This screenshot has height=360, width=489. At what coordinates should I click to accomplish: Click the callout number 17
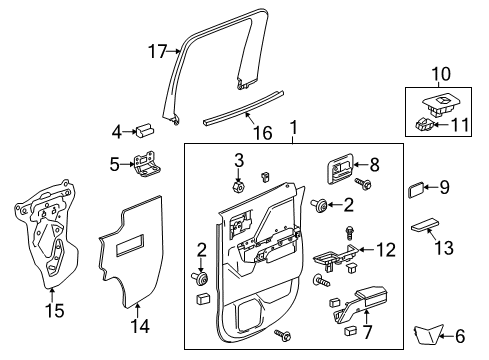click(156, 50)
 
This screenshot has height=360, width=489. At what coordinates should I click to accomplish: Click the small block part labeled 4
click(146, 129)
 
